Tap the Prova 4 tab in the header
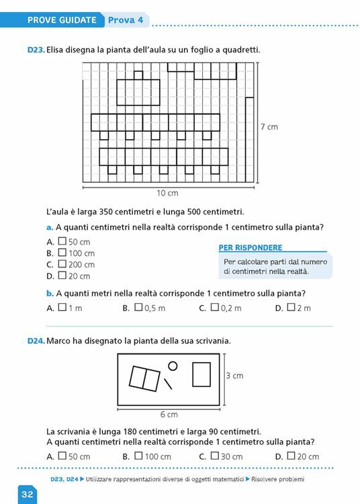click(126, 20)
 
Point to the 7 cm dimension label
click(268, 126)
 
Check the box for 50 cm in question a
click(62, 241)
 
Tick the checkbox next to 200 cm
click(62, 263)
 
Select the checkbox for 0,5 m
click(138, 308)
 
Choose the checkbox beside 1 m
click(62, 308)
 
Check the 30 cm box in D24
click(214, 456)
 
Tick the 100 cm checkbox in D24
click(138, 456)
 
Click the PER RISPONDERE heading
click(251, 248)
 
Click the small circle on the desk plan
click(173, 366)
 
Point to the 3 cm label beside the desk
click(233, 376)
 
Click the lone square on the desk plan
click(201, 374)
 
